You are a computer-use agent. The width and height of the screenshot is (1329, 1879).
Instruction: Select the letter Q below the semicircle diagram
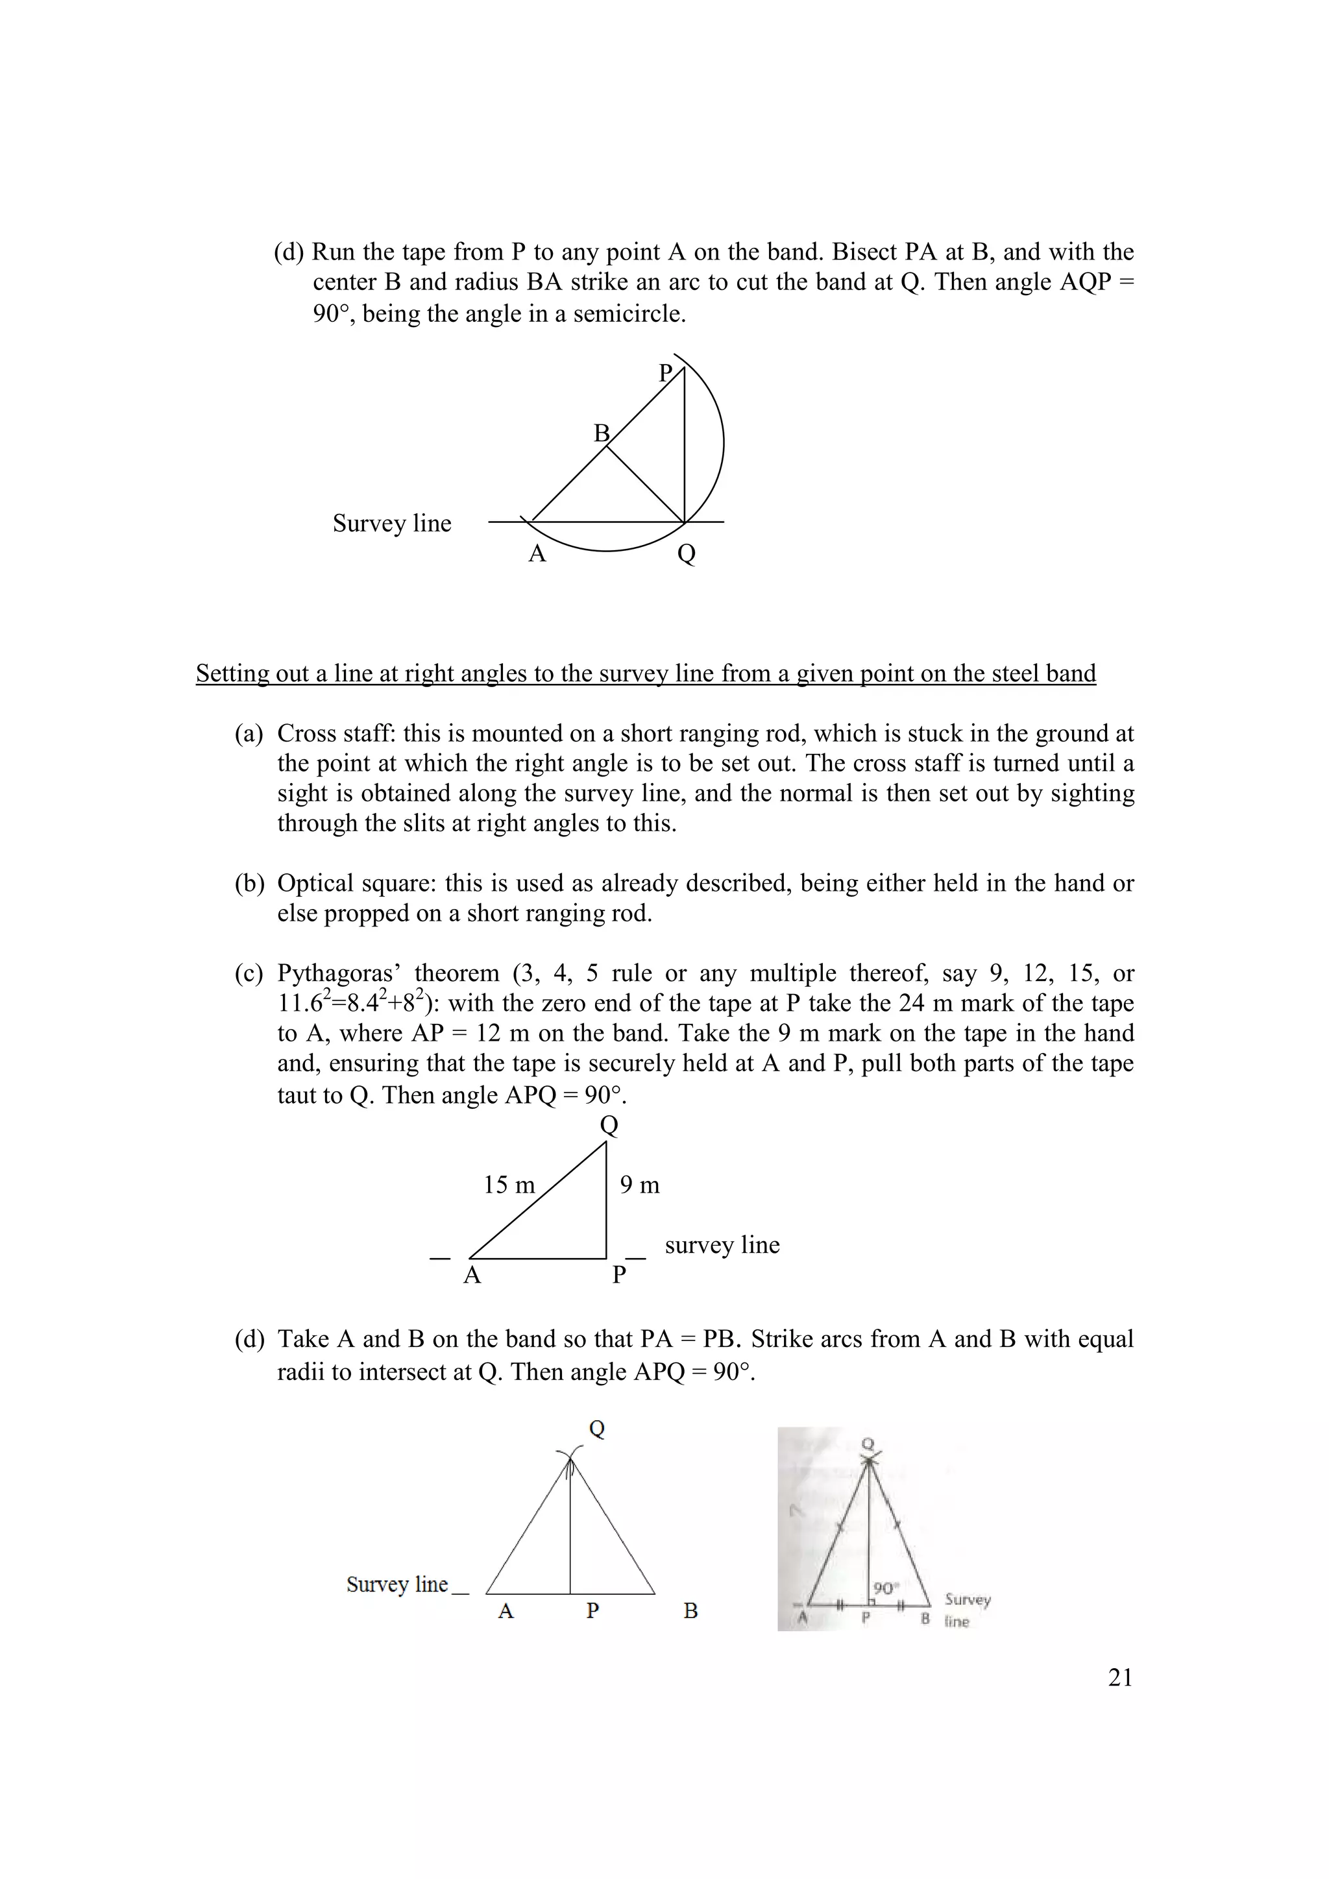point(687,554)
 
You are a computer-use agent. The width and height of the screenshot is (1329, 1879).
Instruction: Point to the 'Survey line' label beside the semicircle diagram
point(391,524)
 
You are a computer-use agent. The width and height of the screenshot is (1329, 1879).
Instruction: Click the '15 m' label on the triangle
point(508,1185)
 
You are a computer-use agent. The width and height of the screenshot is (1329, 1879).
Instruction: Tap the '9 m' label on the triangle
point(639,1185)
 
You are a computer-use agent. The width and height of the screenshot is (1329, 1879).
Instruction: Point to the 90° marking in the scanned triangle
point(884,1588)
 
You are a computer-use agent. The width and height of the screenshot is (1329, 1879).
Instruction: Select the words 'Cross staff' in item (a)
point(335,733)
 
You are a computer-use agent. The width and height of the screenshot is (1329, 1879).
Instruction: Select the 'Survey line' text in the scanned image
point(966,1609)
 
